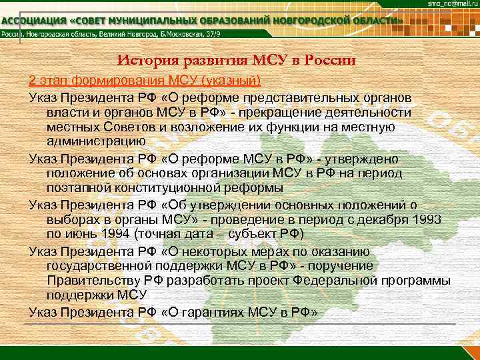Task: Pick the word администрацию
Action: (96, 141)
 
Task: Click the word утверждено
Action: (363, 159)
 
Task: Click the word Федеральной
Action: (353, 281)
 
